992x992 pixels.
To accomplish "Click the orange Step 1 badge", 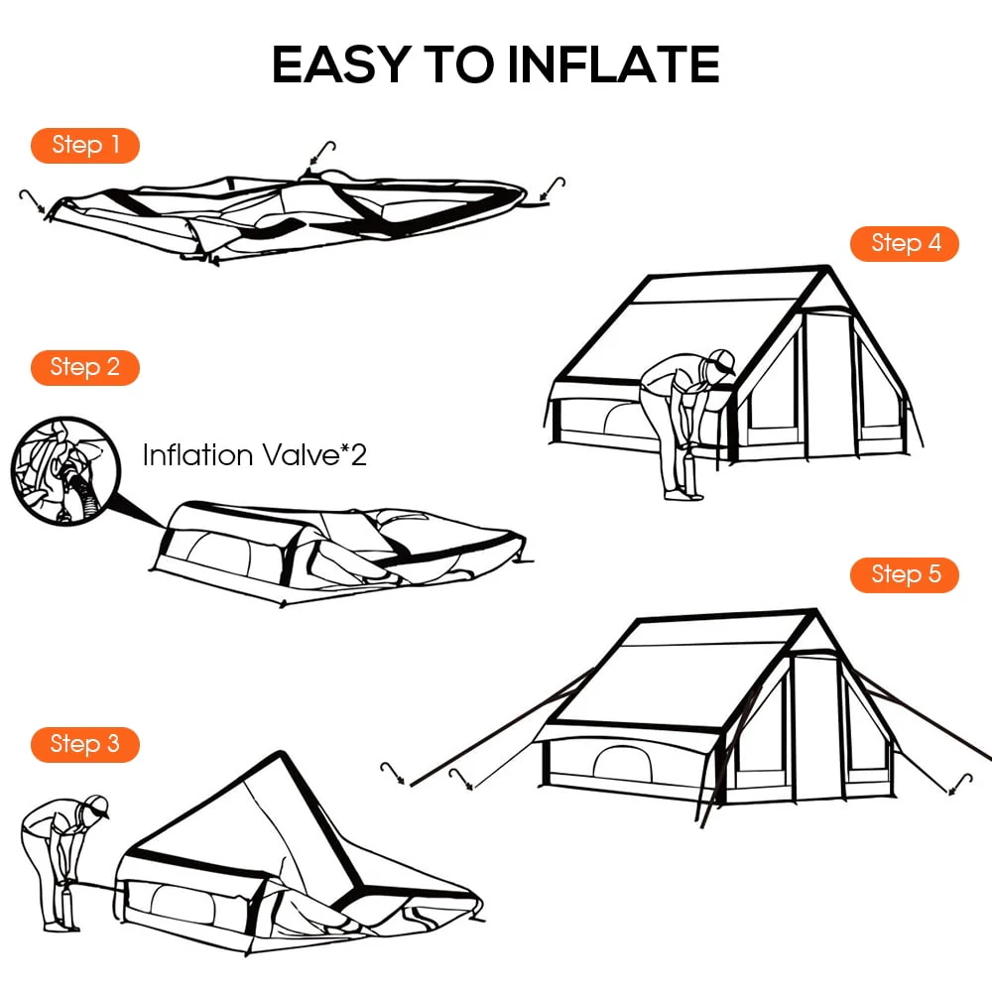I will (84, 145).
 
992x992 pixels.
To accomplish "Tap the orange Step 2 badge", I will (84, 367).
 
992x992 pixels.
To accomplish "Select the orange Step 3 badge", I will (84, 744).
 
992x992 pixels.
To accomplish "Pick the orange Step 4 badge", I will (905, 243).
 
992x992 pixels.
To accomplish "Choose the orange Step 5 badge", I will (905, 574).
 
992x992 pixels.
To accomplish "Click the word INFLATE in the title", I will (612, 65).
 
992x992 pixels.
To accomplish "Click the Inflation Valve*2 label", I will (254, 455).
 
